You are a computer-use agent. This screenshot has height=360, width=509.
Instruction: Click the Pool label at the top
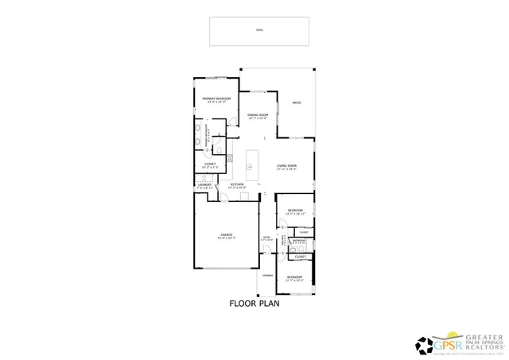[259, 31]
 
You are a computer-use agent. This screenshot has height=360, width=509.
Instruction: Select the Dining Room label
[258, 117]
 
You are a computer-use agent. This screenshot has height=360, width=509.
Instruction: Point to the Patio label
[296, 102]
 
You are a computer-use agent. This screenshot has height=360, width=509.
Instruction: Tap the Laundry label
[204, 186]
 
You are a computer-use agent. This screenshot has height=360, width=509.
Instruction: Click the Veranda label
[268, 276]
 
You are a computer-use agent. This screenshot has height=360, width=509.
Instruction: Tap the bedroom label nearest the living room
[295, 211]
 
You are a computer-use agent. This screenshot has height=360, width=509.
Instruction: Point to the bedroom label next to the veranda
[295, 277]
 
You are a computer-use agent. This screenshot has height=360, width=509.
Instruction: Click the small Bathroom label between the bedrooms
[298, 241]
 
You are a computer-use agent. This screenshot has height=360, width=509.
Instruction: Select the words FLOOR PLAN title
[254, 303]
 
